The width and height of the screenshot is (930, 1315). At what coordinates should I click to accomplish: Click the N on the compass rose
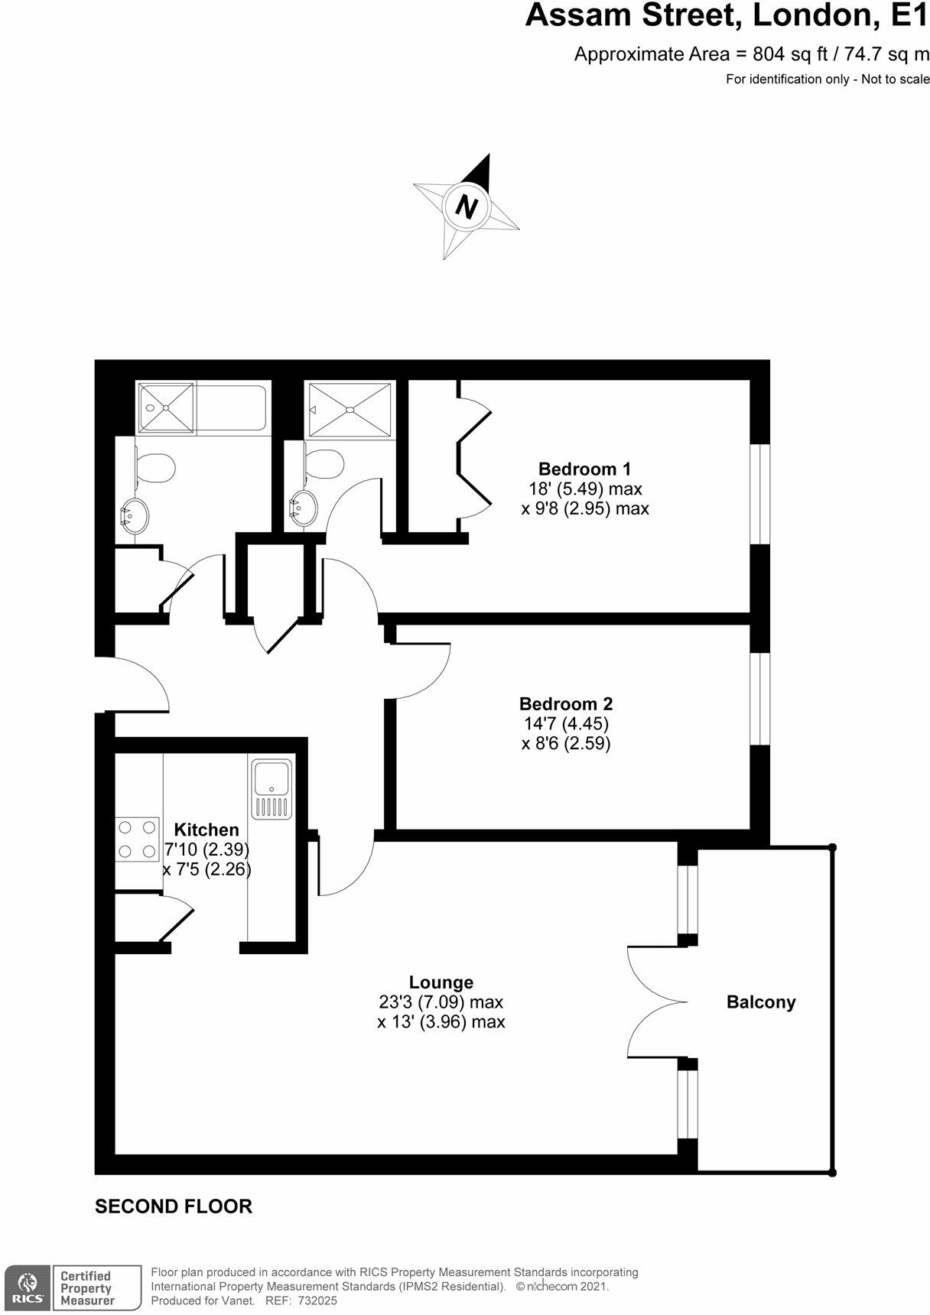pyautogui.click(x=466, y=206)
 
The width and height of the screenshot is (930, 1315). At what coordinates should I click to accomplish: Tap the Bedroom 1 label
pyautogui.click(x=584, y=469)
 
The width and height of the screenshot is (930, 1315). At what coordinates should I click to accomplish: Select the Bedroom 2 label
pyautogui.click(x=565, y=703)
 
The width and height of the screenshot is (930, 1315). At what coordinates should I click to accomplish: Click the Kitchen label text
pyautogui.click(x=206, y=830)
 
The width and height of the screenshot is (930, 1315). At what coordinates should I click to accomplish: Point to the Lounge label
pyautogui.click(x=441, y=982)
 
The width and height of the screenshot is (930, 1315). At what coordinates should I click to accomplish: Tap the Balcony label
pyautogui.click(x=761, y=1002)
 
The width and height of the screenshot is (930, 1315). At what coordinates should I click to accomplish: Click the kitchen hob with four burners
pyautogui.click(x=137, y=839)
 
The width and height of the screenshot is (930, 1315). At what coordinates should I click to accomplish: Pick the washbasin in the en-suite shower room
pyautogui.click(x=303, y=505)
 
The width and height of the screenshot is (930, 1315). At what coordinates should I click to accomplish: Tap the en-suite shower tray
pyautogui.click(x=350, y=409)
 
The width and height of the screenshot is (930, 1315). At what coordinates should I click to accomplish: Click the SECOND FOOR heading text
pyautogui.click(x=173, y=1206)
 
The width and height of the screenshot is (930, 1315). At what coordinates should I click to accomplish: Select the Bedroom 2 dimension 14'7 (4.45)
pyautogui.click(x=566, y=723)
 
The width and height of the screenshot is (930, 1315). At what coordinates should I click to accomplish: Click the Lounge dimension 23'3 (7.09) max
pyautogui.click(x=441, y=1002)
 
